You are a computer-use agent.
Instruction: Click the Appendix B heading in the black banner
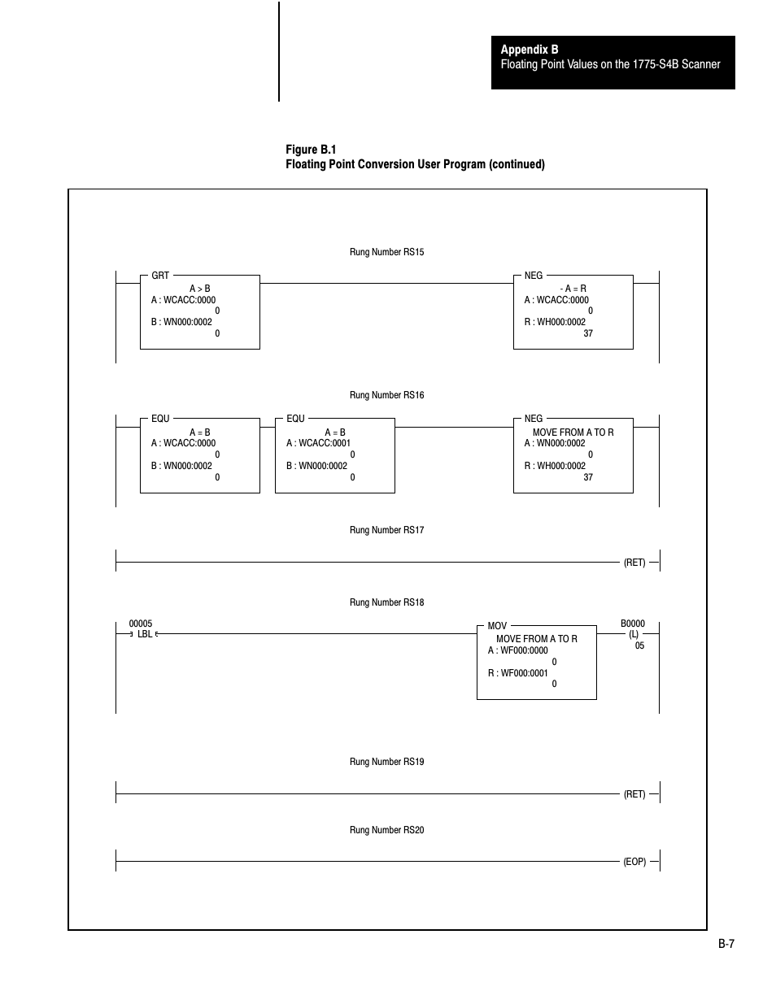[530, 50]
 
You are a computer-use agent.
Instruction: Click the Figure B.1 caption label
[311, 150]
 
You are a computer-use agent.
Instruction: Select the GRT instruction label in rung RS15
[160, 276]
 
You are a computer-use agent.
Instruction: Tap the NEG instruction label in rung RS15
[533, 276]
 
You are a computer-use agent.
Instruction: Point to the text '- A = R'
[573, 289]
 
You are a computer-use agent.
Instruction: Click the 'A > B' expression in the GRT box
[199, 289]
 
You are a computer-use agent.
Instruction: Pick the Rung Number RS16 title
[386, 395]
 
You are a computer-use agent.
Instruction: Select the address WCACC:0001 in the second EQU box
[325, 443]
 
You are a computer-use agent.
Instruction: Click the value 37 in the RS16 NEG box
[588, 477]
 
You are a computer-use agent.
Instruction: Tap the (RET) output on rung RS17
[634, 563]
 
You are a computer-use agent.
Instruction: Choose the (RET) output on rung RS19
[634, 793]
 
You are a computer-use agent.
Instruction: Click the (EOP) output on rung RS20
[634, 861]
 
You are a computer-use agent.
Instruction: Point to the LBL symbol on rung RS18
[145, 634]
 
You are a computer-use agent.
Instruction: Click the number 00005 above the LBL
[141, 624]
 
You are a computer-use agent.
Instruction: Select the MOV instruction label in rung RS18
[497, 626]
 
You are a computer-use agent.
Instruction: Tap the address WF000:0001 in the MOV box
[524, 673]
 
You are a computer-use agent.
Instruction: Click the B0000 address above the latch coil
[632, 624]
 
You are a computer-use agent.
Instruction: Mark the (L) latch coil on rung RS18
[634, 634]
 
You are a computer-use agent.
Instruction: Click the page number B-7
[726, 944]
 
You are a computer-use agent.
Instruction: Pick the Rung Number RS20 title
[386, 830]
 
